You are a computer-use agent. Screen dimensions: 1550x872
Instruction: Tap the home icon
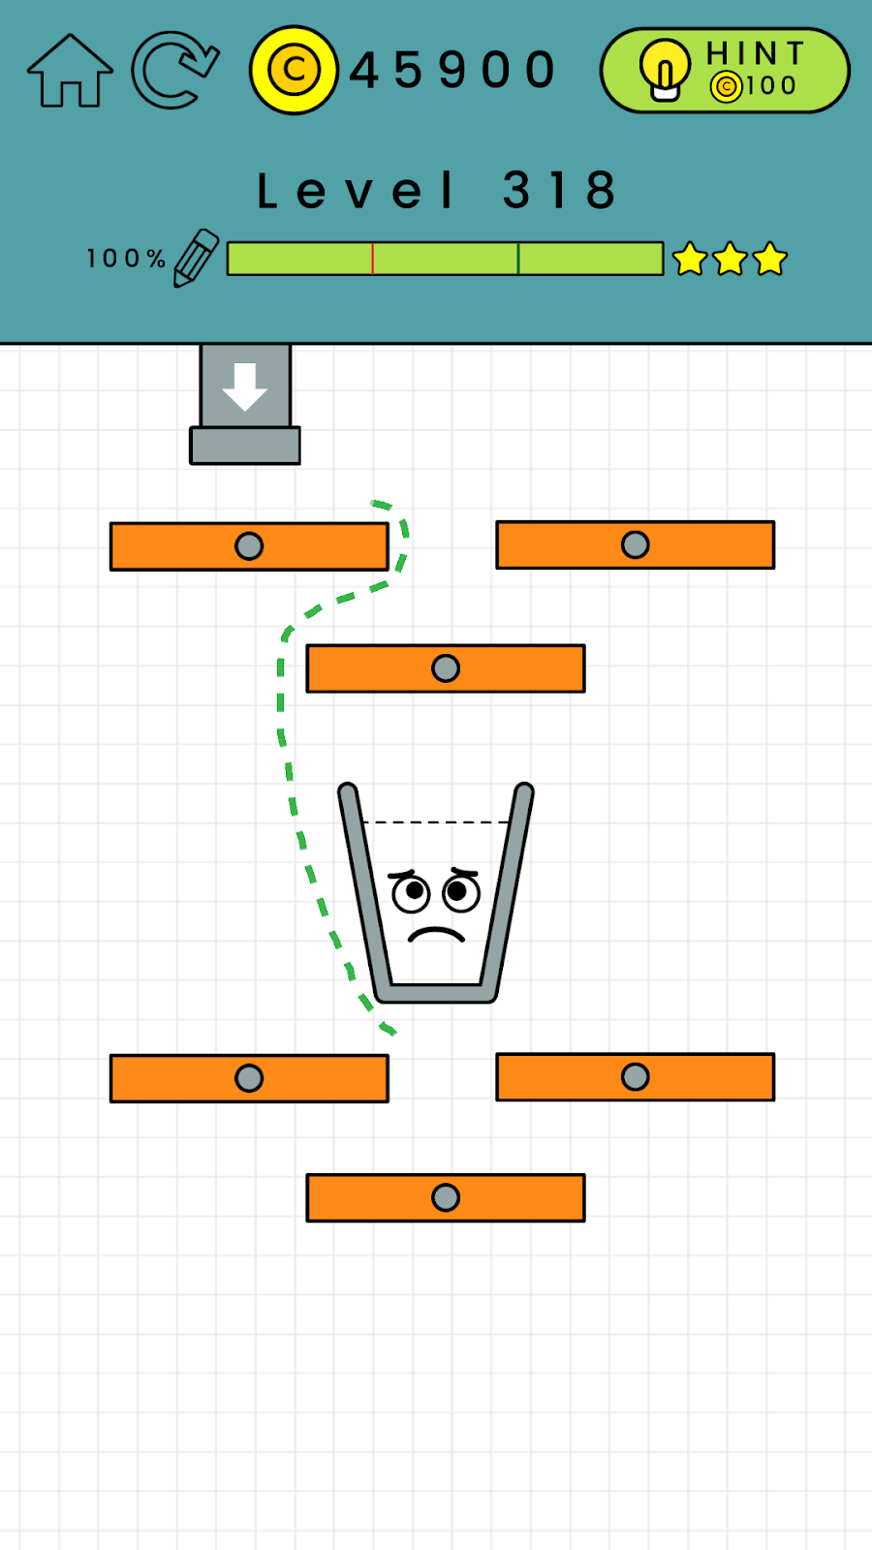click(x=70, y=71)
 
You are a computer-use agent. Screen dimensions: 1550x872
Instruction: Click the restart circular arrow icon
click(x=174, y=70)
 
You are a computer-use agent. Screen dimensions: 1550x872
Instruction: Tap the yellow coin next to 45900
click(x=294, y=70)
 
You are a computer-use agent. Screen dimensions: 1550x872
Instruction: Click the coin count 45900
click(x=453, y=71)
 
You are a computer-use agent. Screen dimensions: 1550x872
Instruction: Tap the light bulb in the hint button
click(x=665, y=70)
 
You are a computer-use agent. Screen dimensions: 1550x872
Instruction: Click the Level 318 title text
click(x=436, y=190)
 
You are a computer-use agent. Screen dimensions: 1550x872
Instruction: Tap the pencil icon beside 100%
click(x=196, y=258)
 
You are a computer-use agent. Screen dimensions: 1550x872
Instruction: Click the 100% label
click(x=126, y=259)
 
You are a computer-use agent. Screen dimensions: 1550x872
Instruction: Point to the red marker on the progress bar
click(x=372, y=259)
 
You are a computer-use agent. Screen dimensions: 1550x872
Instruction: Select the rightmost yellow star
click(x=770, y=259)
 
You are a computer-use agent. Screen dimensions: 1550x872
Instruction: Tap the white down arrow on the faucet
click(x=245, y=387)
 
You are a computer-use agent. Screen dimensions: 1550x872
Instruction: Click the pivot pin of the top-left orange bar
click(x=249, y=546)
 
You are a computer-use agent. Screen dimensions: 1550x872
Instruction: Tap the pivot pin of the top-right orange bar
click(x=636, y=545)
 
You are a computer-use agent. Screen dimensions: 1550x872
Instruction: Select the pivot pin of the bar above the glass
click(x=446, y=668)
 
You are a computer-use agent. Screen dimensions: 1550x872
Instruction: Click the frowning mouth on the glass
click(x=436, y=935)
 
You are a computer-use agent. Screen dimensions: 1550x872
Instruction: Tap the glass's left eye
click(x=411, y=892)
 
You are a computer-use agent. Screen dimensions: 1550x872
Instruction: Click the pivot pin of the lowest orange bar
click(x=446, y=1198)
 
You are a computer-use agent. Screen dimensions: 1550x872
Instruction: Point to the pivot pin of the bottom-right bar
click(x=636, y=1077)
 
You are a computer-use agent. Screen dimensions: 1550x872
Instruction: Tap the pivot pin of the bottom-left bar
click(x=249, y=1078)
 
